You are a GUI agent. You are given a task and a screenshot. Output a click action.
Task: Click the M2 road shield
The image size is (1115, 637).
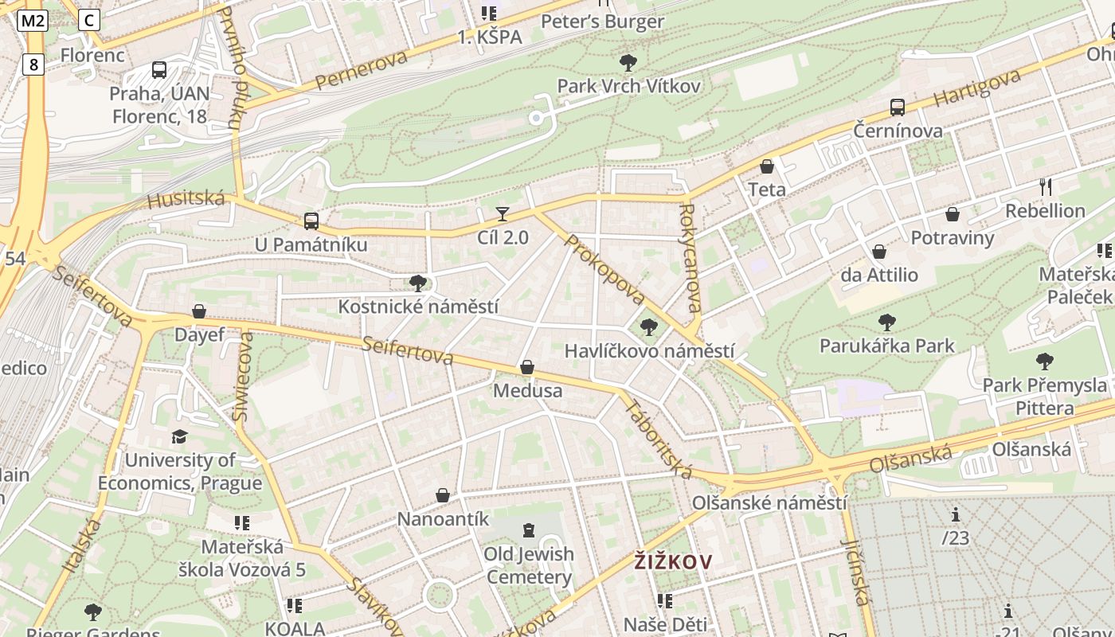coord(32,21)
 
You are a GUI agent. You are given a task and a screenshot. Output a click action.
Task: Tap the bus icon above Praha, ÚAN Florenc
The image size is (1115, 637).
coord(159,69)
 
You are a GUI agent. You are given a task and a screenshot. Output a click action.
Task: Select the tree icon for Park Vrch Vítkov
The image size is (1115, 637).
coord(628,62)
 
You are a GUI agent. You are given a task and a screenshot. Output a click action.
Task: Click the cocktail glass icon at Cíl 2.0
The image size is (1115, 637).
coord(503,213)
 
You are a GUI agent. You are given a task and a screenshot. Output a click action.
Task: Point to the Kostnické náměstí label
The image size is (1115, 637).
coord(418,307)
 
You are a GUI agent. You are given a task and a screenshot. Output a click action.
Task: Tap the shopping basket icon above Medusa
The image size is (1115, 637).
coord(526,367)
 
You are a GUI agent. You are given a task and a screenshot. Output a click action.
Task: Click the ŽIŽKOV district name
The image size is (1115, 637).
coord(673,561)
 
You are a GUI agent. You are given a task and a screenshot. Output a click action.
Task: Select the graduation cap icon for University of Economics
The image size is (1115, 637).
coord(179,436)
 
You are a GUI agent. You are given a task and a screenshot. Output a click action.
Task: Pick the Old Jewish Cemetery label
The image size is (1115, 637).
coord(529,565)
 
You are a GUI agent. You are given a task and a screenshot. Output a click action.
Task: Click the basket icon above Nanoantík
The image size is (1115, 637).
coord(443,495)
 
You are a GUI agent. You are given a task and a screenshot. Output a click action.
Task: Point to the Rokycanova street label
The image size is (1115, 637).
coord(690,259)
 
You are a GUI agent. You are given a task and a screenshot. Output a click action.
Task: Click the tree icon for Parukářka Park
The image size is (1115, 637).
coord(886,322)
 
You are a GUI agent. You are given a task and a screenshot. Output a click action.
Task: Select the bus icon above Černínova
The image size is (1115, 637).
coord(898,107)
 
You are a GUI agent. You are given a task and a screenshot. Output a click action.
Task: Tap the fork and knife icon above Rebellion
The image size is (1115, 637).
coord(1046,187)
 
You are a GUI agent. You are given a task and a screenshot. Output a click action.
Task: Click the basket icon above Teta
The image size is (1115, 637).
coord(767,166)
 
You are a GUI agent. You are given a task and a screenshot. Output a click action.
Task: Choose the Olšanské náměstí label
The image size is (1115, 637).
coord(769,503)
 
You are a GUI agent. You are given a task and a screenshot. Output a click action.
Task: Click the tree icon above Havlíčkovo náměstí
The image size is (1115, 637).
coord(649,326)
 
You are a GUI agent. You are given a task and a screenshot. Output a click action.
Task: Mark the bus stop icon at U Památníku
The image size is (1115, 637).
coord(311,221)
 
